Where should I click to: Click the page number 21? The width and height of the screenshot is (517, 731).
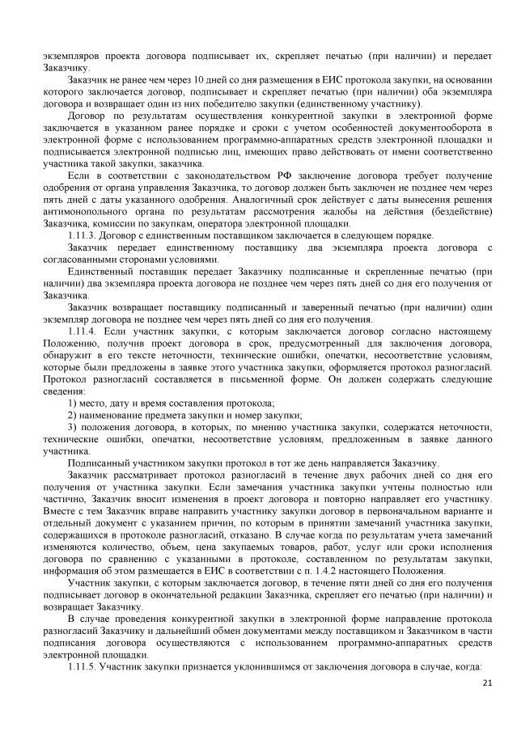tap(486, 683)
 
